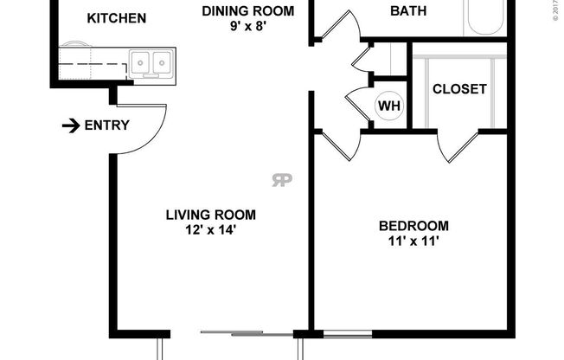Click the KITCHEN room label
tap(118, 18)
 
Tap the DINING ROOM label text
tap(247, 11)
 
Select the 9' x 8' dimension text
tap(247, 28)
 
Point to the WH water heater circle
tap(389, 106)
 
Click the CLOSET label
tap(459, 88)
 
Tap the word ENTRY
tap(106, 125)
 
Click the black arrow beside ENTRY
tap(70, 126)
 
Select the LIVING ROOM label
tap(211, 215)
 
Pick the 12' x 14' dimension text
tap(211, 230)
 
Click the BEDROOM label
tap(413, 227)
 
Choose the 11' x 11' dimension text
tap(413, 242)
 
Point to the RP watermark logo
tap(281, 180)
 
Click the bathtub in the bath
tap(484, 17)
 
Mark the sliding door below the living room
tap(234, 333)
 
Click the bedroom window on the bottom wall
tap(348, 334)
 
